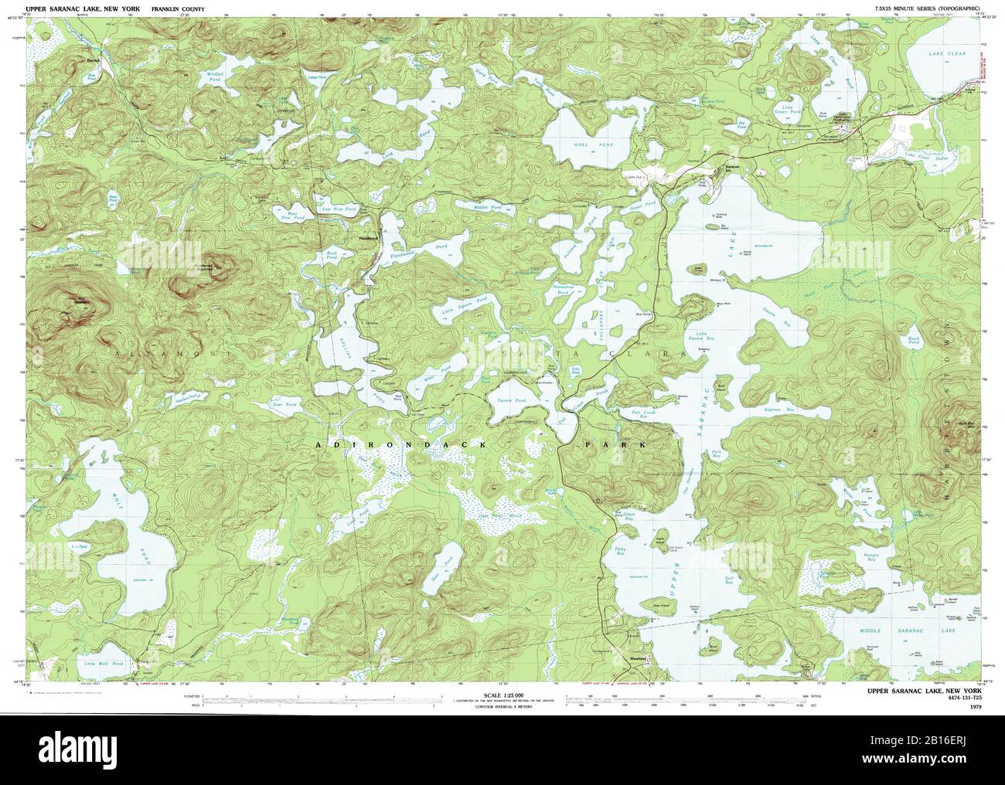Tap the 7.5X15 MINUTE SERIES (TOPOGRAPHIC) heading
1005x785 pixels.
tap(925, 7)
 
